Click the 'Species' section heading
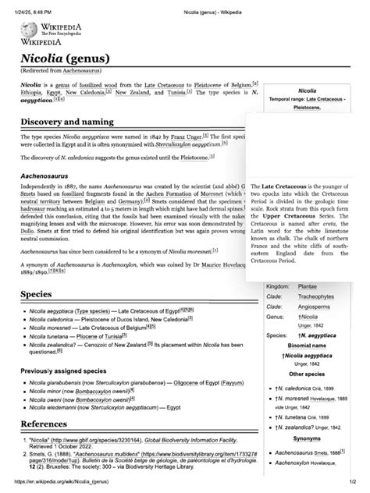pyautogui.click(x=36, y=296)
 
